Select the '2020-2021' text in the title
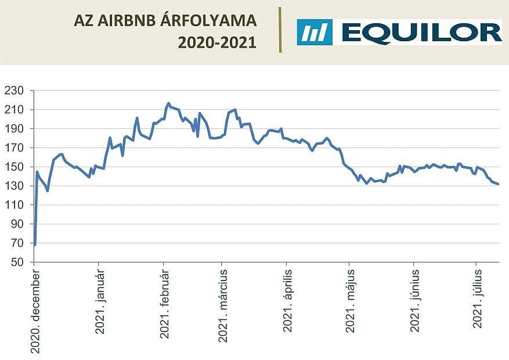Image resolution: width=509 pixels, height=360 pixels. click(x=216, y=42)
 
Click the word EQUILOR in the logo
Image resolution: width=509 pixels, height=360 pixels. click(x=421, y=32)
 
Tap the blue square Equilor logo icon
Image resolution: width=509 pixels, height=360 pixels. click(x=315, y=32)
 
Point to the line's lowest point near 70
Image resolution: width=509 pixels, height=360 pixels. click(x=35, y=245)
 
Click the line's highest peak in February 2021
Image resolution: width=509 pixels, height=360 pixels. click(x=168, y=103)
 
